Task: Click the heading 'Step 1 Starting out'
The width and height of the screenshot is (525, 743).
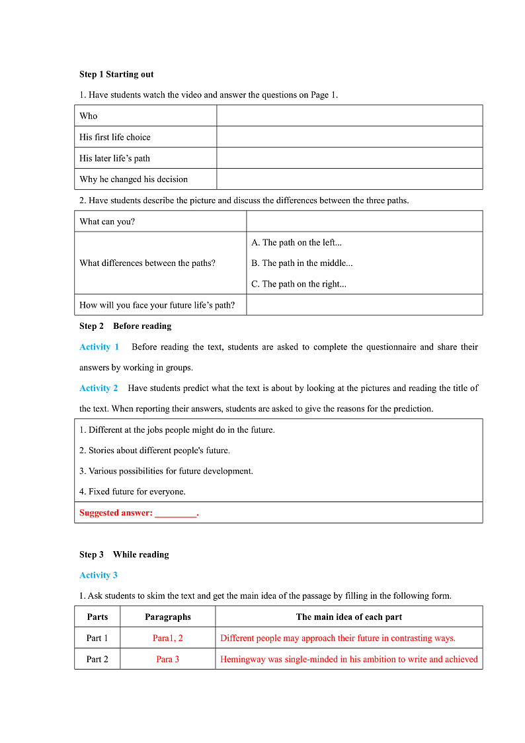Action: [116, 74]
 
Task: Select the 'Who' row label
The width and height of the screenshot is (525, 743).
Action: [89, 116]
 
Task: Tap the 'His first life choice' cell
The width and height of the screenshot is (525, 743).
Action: [115, 137]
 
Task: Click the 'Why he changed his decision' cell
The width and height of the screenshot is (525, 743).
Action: [134, 179]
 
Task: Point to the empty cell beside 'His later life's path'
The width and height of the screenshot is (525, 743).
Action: [349, 158]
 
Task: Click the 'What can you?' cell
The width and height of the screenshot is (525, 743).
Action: [107, 222]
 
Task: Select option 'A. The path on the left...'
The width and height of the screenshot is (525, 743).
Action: [296, 243]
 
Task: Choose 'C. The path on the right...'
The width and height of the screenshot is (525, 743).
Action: [298, 284]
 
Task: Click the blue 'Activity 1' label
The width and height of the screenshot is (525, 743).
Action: [99, 347]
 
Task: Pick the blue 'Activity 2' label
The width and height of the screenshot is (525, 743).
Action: [99, 388]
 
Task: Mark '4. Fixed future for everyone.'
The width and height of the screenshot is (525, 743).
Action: [132, 492]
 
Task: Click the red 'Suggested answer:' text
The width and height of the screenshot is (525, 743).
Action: [116, 513]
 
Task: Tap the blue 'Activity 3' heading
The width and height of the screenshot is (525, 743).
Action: [99, 575]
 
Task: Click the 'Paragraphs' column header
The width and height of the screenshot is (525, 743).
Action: [168, 617]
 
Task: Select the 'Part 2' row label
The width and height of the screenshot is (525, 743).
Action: [97, 659]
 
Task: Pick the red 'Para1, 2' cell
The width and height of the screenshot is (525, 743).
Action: [168, 638]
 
